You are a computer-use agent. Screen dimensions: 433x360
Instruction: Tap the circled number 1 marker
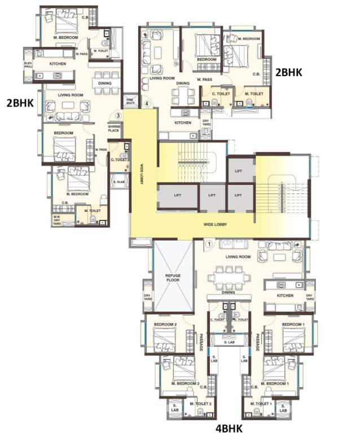(208, 244)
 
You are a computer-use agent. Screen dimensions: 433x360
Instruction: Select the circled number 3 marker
(118, 116)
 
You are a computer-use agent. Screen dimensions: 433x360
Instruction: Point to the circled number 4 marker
(147, 104)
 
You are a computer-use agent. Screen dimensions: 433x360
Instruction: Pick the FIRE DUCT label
(130, 102)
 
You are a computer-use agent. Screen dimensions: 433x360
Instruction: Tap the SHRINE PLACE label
(115, 129)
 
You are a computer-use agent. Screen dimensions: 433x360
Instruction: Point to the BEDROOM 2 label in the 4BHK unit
(168, 325)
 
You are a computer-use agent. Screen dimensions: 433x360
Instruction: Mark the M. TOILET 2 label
(200, 404)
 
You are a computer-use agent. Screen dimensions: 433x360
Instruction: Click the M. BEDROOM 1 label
(278, 383)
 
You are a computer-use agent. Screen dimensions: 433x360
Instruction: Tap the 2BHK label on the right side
(288, 72)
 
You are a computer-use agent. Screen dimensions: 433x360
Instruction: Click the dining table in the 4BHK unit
(228, 279)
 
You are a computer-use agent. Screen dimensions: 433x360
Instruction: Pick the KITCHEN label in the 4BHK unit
(284, 295)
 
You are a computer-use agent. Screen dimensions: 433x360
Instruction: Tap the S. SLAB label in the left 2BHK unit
(118, 182)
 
